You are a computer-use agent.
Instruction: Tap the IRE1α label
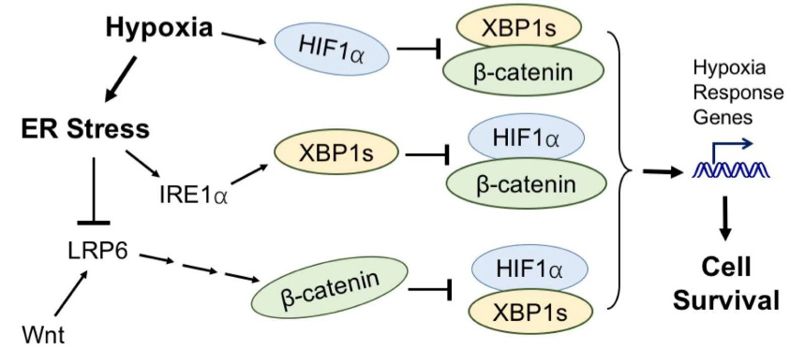pyautogui.click(x=194, y=195)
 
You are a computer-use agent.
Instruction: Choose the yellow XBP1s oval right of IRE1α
pyautogui.click(x=334, y=151)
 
